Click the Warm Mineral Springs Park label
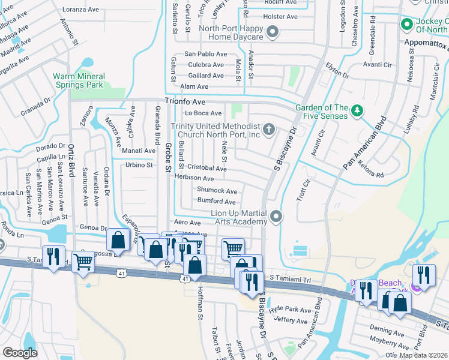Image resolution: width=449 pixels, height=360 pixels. [x=79, y=80]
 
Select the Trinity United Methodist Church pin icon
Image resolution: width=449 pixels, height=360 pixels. [x=270, y=128]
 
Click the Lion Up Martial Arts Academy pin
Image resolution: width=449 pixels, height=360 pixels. [x=276, y=215]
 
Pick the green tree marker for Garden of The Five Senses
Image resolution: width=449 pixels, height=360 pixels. [x=357, y=110]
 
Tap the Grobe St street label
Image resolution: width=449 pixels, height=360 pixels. [x=168, y=157]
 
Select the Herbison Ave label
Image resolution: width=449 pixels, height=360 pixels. [x=194, y=178]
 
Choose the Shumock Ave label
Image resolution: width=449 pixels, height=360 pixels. [x=217, y=191]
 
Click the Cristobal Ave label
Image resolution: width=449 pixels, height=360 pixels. [x=206, y=169]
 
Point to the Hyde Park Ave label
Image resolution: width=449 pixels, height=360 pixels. [x=291, y=310]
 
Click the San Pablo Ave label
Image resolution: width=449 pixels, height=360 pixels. [x=205, y=54]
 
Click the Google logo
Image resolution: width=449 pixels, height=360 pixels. [x=20, y=353]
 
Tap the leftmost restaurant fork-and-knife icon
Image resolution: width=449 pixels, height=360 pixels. [x=53, y=257]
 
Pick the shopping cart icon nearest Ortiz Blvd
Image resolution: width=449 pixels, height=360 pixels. [x=82, y=261]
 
